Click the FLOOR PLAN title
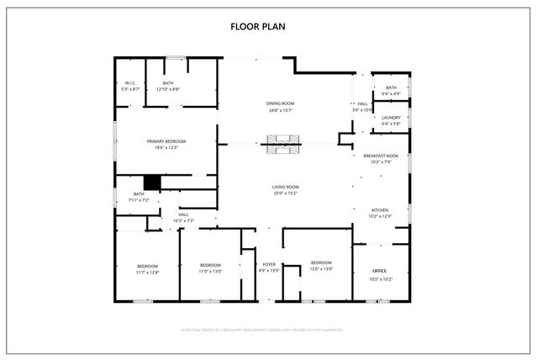click(258, 27)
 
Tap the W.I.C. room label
click(130, 82)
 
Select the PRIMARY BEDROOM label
click(166, 141)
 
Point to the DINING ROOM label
click(280, 103)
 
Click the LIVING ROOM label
click(285, 187)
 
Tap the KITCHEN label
click(381, 209)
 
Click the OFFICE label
click(380, 271)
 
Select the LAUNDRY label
click(391, 118)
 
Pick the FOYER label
click(269, 264)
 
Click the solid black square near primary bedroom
click(152, 182)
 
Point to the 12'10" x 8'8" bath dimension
click(168, 88)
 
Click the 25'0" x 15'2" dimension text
click(285, 193)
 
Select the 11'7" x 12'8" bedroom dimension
click(147, 272)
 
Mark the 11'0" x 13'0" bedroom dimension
click(210, 272)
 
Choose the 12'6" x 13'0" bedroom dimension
click(321, 269)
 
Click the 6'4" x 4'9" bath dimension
click(391, 93)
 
